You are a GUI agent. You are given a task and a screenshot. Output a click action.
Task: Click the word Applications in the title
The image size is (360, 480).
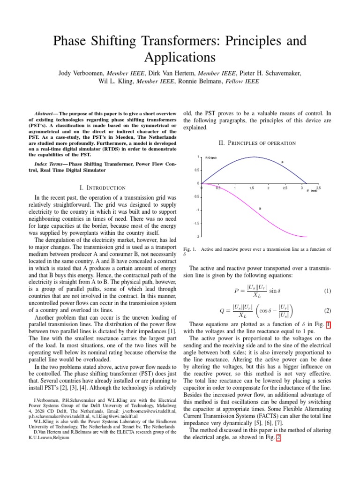(180, 57)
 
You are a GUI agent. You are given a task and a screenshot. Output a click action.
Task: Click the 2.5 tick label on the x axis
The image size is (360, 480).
(285, 187)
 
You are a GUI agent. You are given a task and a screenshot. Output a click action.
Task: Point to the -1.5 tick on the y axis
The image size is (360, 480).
(197, 224)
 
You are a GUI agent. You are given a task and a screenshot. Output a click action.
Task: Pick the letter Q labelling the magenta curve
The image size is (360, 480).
(260, 208)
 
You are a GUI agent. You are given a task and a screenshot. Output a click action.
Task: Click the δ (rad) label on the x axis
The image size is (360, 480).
(311, 191)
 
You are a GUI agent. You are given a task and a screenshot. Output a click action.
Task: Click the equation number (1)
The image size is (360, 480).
(327, 291)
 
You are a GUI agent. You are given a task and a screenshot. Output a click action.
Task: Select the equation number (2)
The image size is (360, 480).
(327, 310)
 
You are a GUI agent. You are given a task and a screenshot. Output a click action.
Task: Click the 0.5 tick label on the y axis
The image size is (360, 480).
(197, 170)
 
